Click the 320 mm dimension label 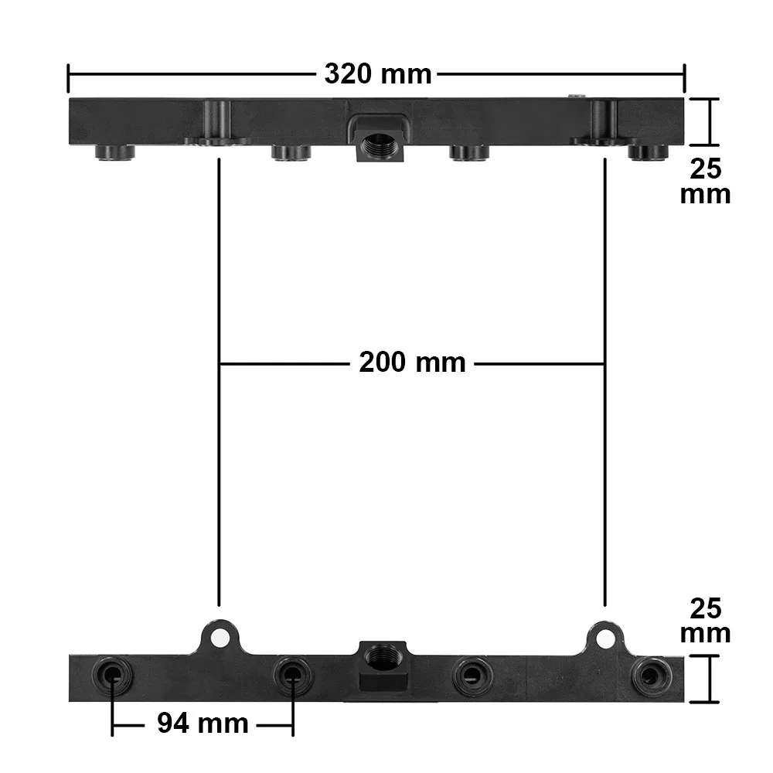click(377, 75)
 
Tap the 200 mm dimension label click(412, 362)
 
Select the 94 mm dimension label click(203, 724)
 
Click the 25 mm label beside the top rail click(705, 181)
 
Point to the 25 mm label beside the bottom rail click(705, 621)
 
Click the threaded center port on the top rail click(379, 145)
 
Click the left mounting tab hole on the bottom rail click(221, 637)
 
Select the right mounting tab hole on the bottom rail click(605, 637)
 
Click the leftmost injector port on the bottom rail click(112, 676)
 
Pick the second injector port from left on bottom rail click(292, 676)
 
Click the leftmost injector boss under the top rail click(116, 152)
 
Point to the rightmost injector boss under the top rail click(647, 152)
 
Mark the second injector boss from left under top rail click(291, 152)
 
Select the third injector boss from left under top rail click(469, 152)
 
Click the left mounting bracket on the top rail click(217, 124)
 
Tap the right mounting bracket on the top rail click(603, 124)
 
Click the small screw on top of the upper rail click(576, 96)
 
